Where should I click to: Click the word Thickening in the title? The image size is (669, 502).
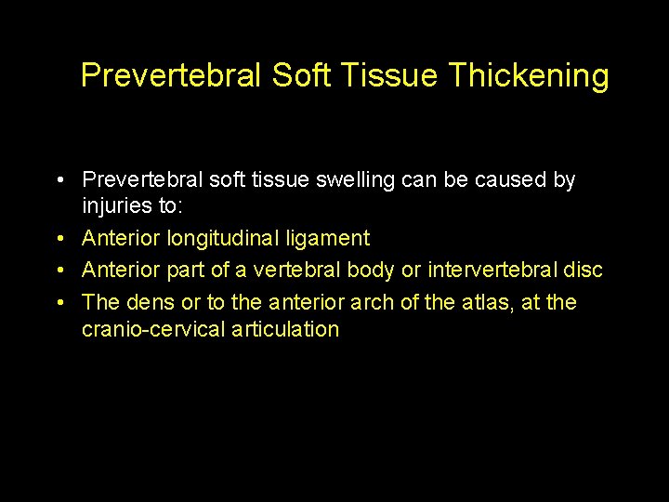coord(528,76)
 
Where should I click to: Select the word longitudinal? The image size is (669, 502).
coord(223,239)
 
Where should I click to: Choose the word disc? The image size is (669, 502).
coord(584,271)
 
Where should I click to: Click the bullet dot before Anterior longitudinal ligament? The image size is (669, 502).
coord(59,239)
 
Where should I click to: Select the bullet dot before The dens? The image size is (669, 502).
coord(59,302)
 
